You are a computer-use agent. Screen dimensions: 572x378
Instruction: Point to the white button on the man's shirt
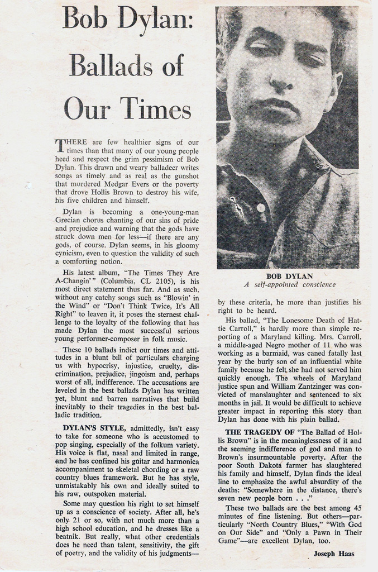[261, 208]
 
